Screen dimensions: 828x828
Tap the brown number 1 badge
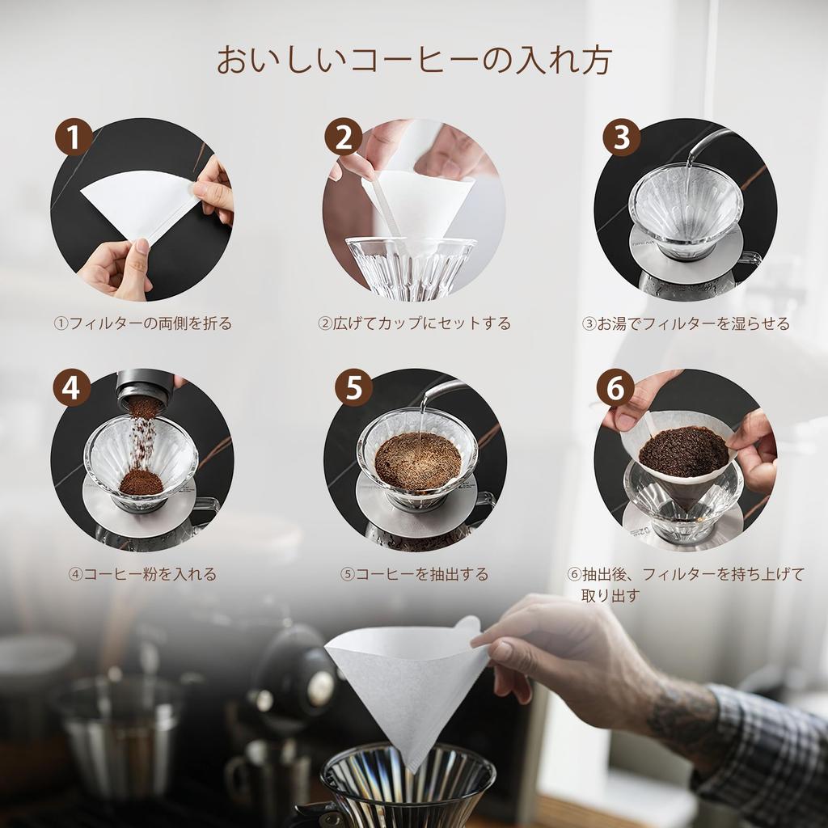point(73,138)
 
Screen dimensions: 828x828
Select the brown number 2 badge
point(343,138)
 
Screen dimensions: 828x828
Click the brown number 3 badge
point(621,138)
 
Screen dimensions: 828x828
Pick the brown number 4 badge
point(71,389)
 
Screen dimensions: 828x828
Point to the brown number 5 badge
point(353,389)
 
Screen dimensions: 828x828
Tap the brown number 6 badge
point(615,389)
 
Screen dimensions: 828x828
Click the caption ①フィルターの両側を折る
point(142,323)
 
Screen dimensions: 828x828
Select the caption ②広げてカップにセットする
point(414,323)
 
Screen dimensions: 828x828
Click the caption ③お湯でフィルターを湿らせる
point(686,323)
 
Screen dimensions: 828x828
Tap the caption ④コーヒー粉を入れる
point(142,574)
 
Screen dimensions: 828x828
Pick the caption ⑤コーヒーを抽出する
point(414,574)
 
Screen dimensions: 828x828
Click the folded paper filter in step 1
point(137,202)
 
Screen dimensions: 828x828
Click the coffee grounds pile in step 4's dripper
point(142,482)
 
